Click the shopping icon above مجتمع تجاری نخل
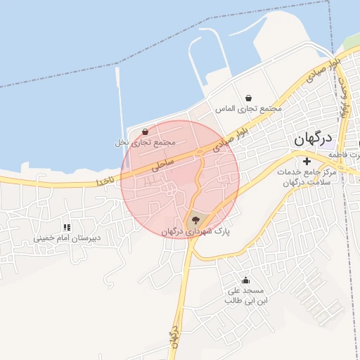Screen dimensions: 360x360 coord(145,131)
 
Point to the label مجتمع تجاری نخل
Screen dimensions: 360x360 coord(144,142)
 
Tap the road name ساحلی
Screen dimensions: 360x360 coord(162,164)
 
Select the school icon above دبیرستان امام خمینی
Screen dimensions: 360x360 coord(67,227)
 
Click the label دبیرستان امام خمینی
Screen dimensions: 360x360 coord(67,238)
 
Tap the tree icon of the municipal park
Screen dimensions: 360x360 coord(195,219)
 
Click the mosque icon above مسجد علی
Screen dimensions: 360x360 coord(245,280)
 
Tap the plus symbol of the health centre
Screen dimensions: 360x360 coord(306,162)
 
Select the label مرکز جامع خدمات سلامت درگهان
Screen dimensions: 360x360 coord(309,176)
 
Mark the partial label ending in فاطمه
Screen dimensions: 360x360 coord(352,155)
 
